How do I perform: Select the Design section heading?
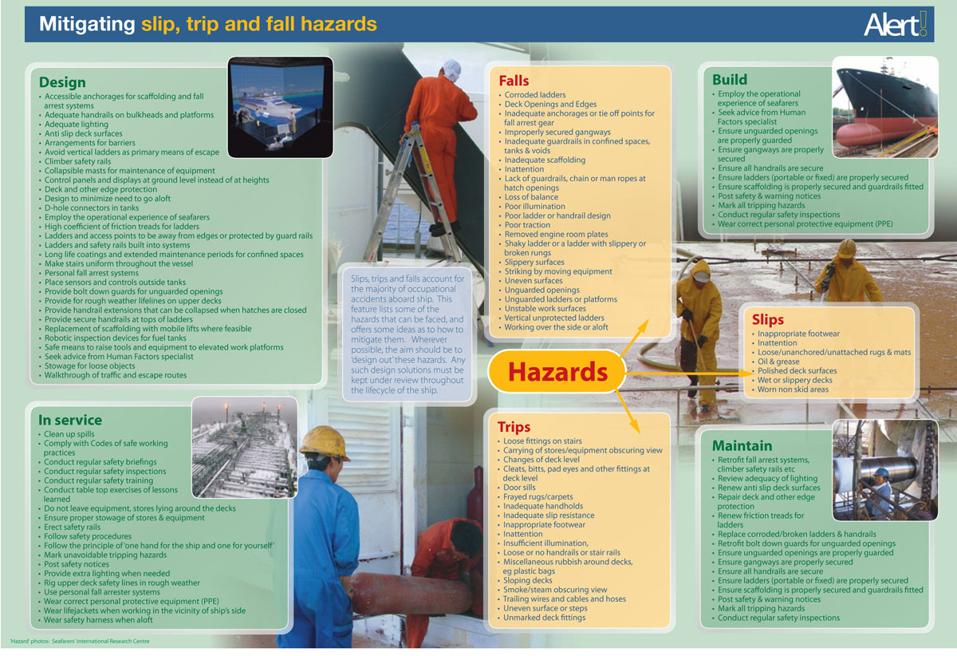coord(62,82)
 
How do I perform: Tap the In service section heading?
coord(70,420)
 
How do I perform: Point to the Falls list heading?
coord(514,81)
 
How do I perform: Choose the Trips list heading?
coord(514,427)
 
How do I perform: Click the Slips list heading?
coord(768,320)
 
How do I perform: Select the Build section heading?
coord(730,79)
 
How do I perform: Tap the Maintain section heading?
coord(742,445)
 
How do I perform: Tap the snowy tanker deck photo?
coord(244,448)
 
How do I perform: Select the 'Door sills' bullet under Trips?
coord(519,488)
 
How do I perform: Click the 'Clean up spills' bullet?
coord(71,434)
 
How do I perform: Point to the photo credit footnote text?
coord(80,642)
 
